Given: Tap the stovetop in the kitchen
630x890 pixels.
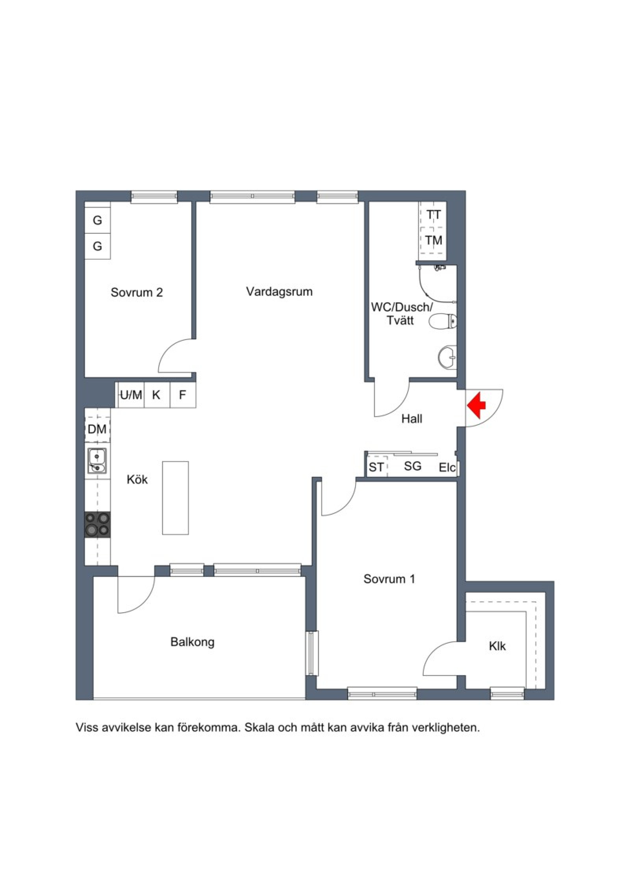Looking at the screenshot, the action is [98, 524].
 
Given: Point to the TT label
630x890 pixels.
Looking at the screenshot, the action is [434, 215].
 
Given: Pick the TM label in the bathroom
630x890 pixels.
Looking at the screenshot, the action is [434, 240].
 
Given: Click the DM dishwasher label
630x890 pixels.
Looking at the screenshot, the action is [97, 429].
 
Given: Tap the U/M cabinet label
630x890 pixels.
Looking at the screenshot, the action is [131, 395].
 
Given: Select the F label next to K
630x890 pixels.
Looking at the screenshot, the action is [182, 395].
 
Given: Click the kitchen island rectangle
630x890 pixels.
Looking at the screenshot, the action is [176, 498].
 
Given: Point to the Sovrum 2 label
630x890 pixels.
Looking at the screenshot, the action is [137, 292].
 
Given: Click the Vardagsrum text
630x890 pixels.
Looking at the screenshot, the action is [279, 292].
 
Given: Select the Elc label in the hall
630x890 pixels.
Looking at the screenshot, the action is [447, 467].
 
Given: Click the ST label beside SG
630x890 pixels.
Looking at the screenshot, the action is [376, 467].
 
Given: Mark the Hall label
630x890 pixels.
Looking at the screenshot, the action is [411, 419].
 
